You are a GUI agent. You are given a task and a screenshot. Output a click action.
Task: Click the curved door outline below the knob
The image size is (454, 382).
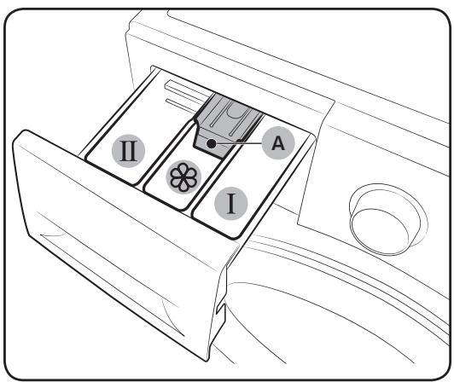[341, 281]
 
